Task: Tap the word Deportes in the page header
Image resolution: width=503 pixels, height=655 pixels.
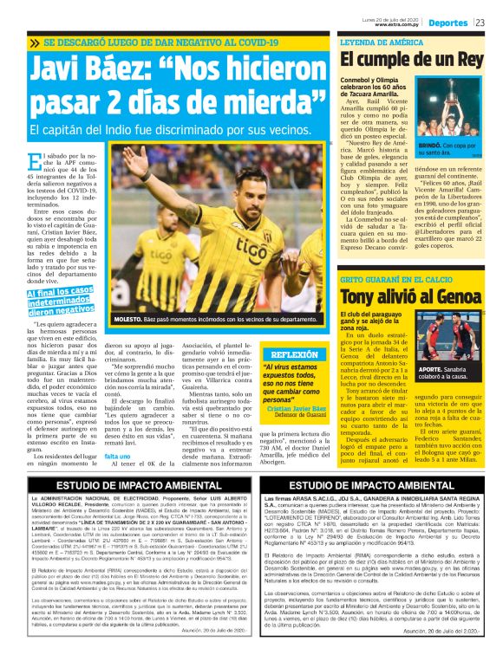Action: tap(447, 22)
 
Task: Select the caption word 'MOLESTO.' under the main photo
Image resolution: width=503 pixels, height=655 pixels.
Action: tap(131, 320)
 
